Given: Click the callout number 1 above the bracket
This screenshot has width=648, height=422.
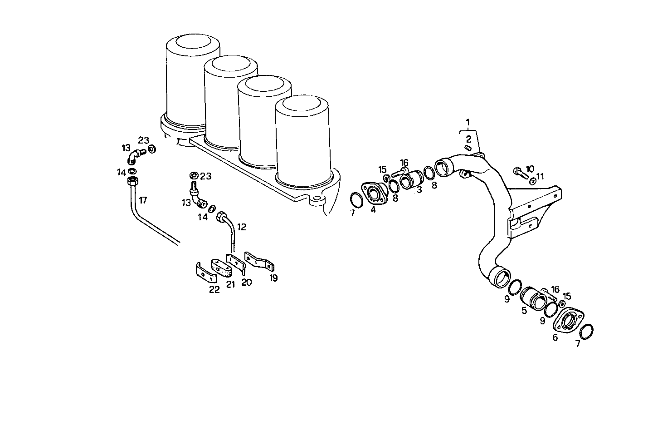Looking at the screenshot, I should tap(468, 122).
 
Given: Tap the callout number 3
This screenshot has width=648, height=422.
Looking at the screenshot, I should tap(419, 190).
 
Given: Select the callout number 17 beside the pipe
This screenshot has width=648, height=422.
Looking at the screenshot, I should tap(143, 200).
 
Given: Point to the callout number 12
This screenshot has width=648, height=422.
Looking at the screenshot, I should tap(242, 227).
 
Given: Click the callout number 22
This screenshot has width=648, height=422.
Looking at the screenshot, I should tap(214, 289).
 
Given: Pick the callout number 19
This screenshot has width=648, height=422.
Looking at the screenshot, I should tap(273, 278).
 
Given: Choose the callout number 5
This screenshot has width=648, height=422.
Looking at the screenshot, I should tap(524, 311).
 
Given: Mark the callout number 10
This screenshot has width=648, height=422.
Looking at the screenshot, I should tap(530, 169).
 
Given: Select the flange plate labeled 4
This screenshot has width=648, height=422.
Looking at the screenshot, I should tap(373, 194).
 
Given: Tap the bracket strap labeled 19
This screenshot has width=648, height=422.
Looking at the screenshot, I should tap(260, 262).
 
